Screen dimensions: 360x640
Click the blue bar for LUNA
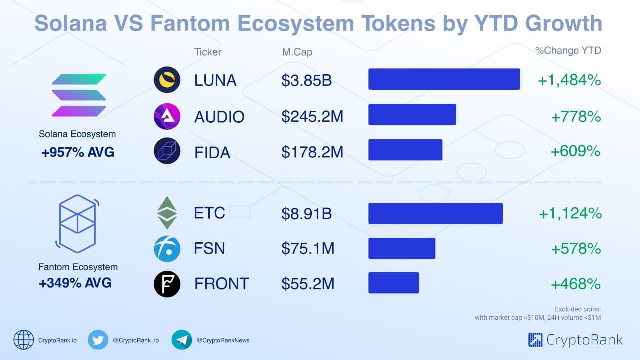(x=444, y=79)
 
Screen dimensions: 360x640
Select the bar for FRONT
(x=393, y=283)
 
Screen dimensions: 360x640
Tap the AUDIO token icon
(x=167, y=117)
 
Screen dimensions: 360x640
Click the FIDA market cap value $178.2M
(x=312, y=151)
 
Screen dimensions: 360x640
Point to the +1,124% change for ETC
(x=570, y=214)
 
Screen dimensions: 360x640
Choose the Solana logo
(x=79, y=95)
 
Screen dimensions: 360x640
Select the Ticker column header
(x=207, y=52)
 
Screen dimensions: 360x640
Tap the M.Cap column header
(x=297, y=52)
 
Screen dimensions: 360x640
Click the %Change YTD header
(x=568, y=50)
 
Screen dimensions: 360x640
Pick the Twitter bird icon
(x=98, y=340)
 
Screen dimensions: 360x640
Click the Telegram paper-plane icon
(x=182, y=340)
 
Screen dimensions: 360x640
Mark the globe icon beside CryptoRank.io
(x=23, y=340)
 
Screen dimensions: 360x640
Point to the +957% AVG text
(x=78, y=152)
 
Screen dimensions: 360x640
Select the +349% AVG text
(x=75, y=283)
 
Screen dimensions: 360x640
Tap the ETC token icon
(x=167, y=213)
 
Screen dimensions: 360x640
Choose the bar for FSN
(x=402, y=248)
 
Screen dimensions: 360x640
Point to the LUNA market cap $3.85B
(x=307, y=80)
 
